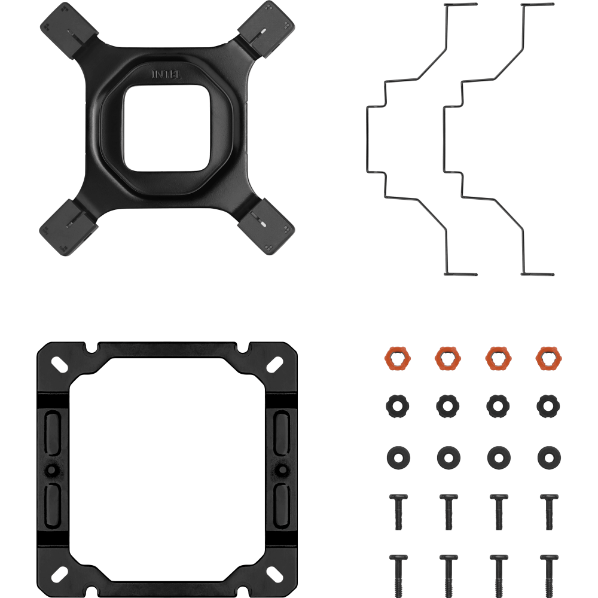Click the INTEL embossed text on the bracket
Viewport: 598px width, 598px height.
point(167,74)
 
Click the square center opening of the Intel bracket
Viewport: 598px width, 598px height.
point(167,128)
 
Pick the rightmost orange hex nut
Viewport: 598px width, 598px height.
point(548,358)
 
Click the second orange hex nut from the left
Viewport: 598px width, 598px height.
point(448,358)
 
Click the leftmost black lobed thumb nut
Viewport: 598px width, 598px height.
point(398,406)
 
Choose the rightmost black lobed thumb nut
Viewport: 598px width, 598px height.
point(548,406)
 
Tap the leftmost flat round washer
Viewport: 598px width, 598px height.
point(398,457)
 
